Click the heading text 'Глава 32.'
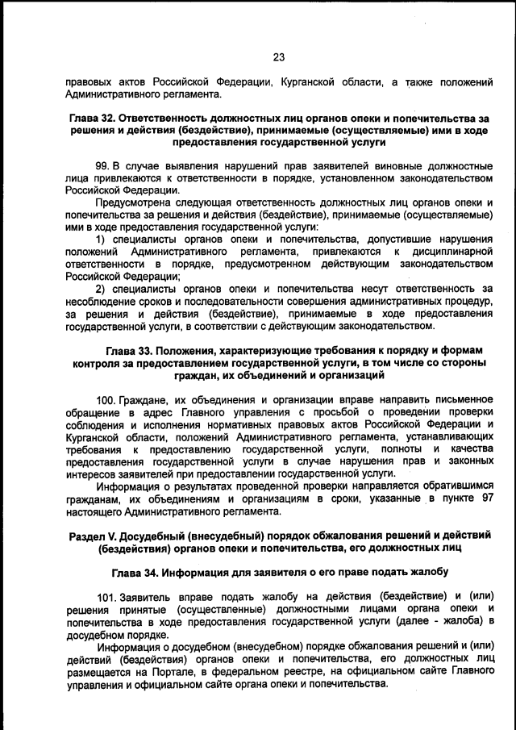click(x=95, y=118)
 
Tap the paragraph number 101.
click(x=107, y=598)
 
